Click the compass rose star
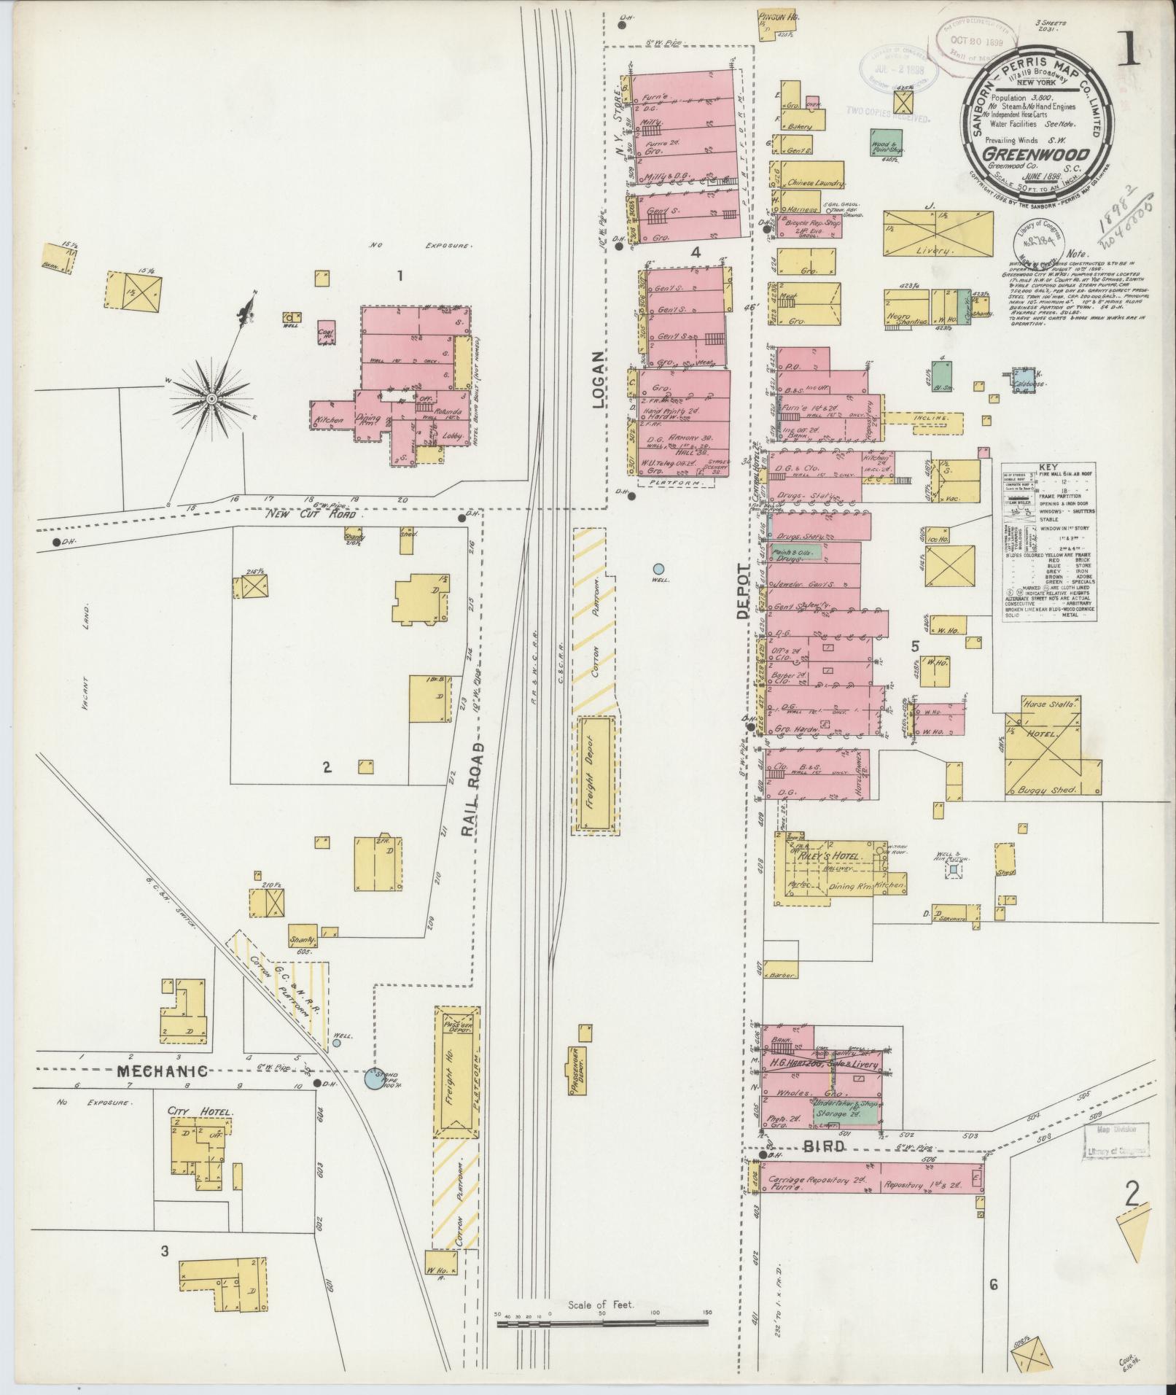pos(211,398)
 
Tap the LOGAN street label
pos(599,379)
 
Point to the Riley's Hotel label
pos(830,856)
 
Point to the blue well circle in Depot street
pos(658,568)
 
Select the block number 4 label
pos(696,253)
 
